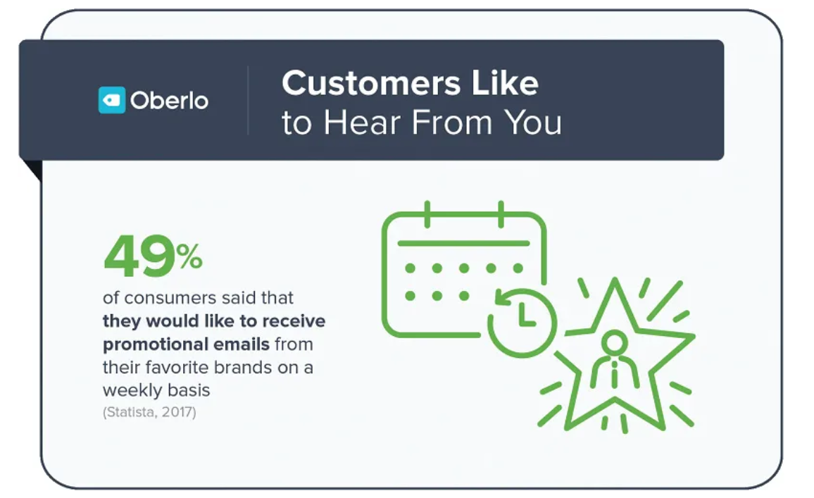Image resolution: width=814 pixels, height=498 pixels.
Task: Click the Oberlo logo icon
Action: (x=111, y=100)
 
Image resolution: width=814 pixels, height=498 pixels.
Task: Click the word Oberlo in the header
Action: (x=169, y=101)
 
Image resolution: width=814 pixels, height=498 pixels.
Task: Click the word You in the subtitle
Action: (x=534, y=123)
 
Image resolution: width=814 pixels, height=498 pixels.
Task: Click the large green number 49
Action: (x=139, y=258)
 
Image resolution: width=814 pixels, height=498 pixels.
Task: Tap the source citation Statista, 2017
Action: (x=149, y=412)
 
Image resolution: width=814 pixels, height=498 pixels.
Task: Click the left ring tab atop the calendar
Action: (x=427, y=213)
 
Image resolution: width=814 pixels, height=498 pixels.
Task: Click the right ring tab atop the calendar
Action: (x=501, y=213)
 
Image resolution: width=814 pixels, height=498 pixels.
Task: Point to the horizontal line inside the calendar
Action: (x=463, y=242)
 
